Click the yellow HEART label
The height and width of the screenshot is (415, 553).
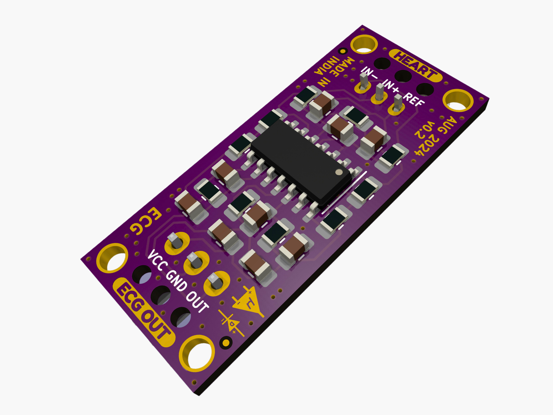[416, 65]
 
